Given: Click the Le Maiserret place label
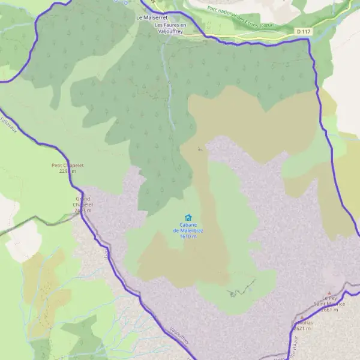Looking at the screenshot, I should click(151, 17).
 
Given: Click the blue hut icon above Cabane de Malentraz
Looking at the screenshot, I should click(188, 218).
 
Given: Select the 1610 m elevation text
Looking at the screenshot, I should click(188, 236).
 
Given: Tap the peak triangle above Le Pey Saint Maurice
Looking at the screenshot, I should click(329, 293).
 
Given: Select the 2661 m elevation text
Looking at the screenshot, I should click(334, 310).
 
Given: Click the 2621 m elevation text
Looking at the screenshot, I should click(301, 328).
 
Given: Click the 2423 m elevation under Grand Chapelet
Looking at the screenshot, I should click(83, 211).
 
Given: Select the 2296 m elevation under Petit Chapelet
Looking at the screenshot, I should click(68, 171).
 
